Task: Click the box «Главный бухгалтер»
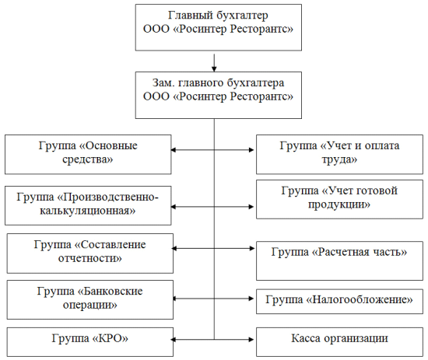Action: coord(219,27)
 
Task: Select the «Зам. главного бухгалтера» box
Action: coord(219,95)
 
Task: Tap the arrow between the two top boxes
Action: coord(214,63)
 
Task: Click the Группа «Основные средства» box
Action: coord(88,155)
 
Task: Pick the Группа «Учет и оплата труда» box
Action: coord(339,155)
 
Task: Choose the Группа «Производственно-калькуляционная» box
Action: coord(88,205)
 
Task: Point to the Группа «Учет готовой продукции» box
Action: coord(339,199)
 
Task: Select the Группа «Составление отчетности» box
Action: coord(90,253)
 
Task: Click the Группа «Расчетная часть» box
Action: coord(339,260)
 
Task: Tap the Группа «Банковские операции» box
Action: coord(90,299)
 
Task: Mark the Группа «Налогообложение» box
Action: coord(339,302)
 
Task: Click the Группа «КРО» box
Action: coord(90,342)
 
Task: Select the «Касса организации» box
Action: coord(339,342)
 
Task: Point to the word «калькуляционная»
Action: coord(88,211)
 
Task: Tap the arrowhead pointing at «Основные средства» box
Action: coord(174,150)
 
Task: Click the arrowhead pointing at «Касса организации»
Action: coord(251,340)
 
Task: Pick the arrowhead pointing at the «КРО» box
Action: coord(174,340)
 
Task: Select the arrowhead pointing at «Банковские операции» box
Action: coord(174,299)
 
